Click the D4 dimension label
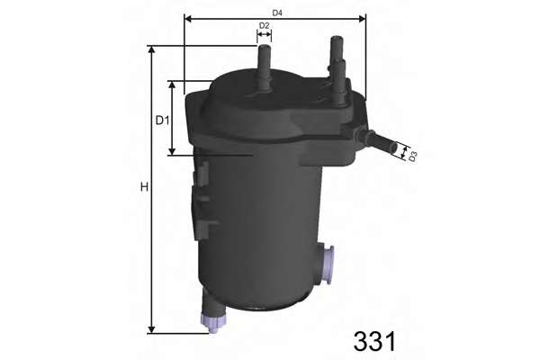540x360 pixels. point(277,12)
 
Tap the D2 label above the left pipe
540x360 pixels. point(264,25)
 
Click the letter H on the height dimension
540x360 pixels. point(143,188)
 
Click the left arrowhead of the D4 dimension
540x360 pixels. point(188,18)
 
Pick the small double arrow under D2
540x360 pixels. point(264,36)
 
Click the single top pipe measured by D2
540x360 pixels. point(265,67)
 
